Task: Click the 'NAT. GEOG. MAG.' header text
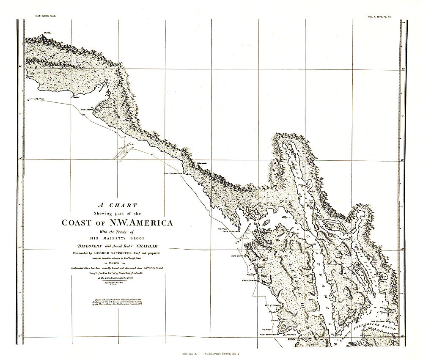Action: (44, 15)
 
